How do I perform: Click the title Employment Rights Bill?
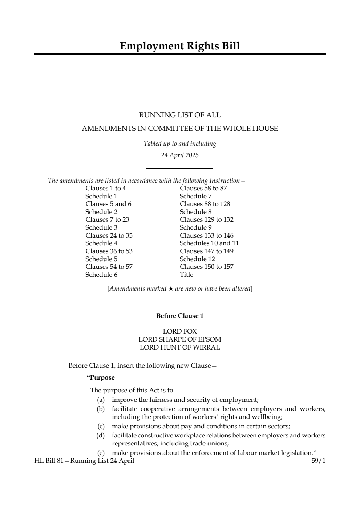(180, 46)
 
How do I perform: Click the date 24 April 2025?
(180, 155)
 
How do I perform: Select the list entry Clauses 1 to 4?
(106, 188)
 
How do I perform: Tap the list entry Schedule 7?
(195, 196)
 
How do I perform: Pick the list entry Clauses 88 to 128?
(205, 204)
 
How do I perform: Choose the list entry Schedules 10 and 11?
(209, 243)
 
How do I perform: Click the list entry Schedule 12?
(197, 259)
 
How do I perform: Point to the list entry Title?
(186, 275)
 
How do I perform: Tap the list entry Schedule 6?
(101, 275)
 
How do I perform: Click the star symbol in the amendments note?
(170, 289)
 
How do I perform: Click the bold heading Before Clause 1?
(180, 316)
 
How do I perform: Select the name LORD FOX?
(180, 331)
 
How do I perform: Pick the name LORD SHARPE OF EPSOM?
(180, 339)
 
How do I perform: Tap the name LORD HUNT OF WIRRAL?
(180, 347)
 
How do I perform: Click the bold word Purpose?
(101, 378)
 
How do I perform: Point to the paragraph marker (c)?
(101, 426)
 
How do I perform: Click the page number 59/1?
(318, 461)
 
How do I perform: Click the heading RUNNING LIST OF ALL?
(180, 115)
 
